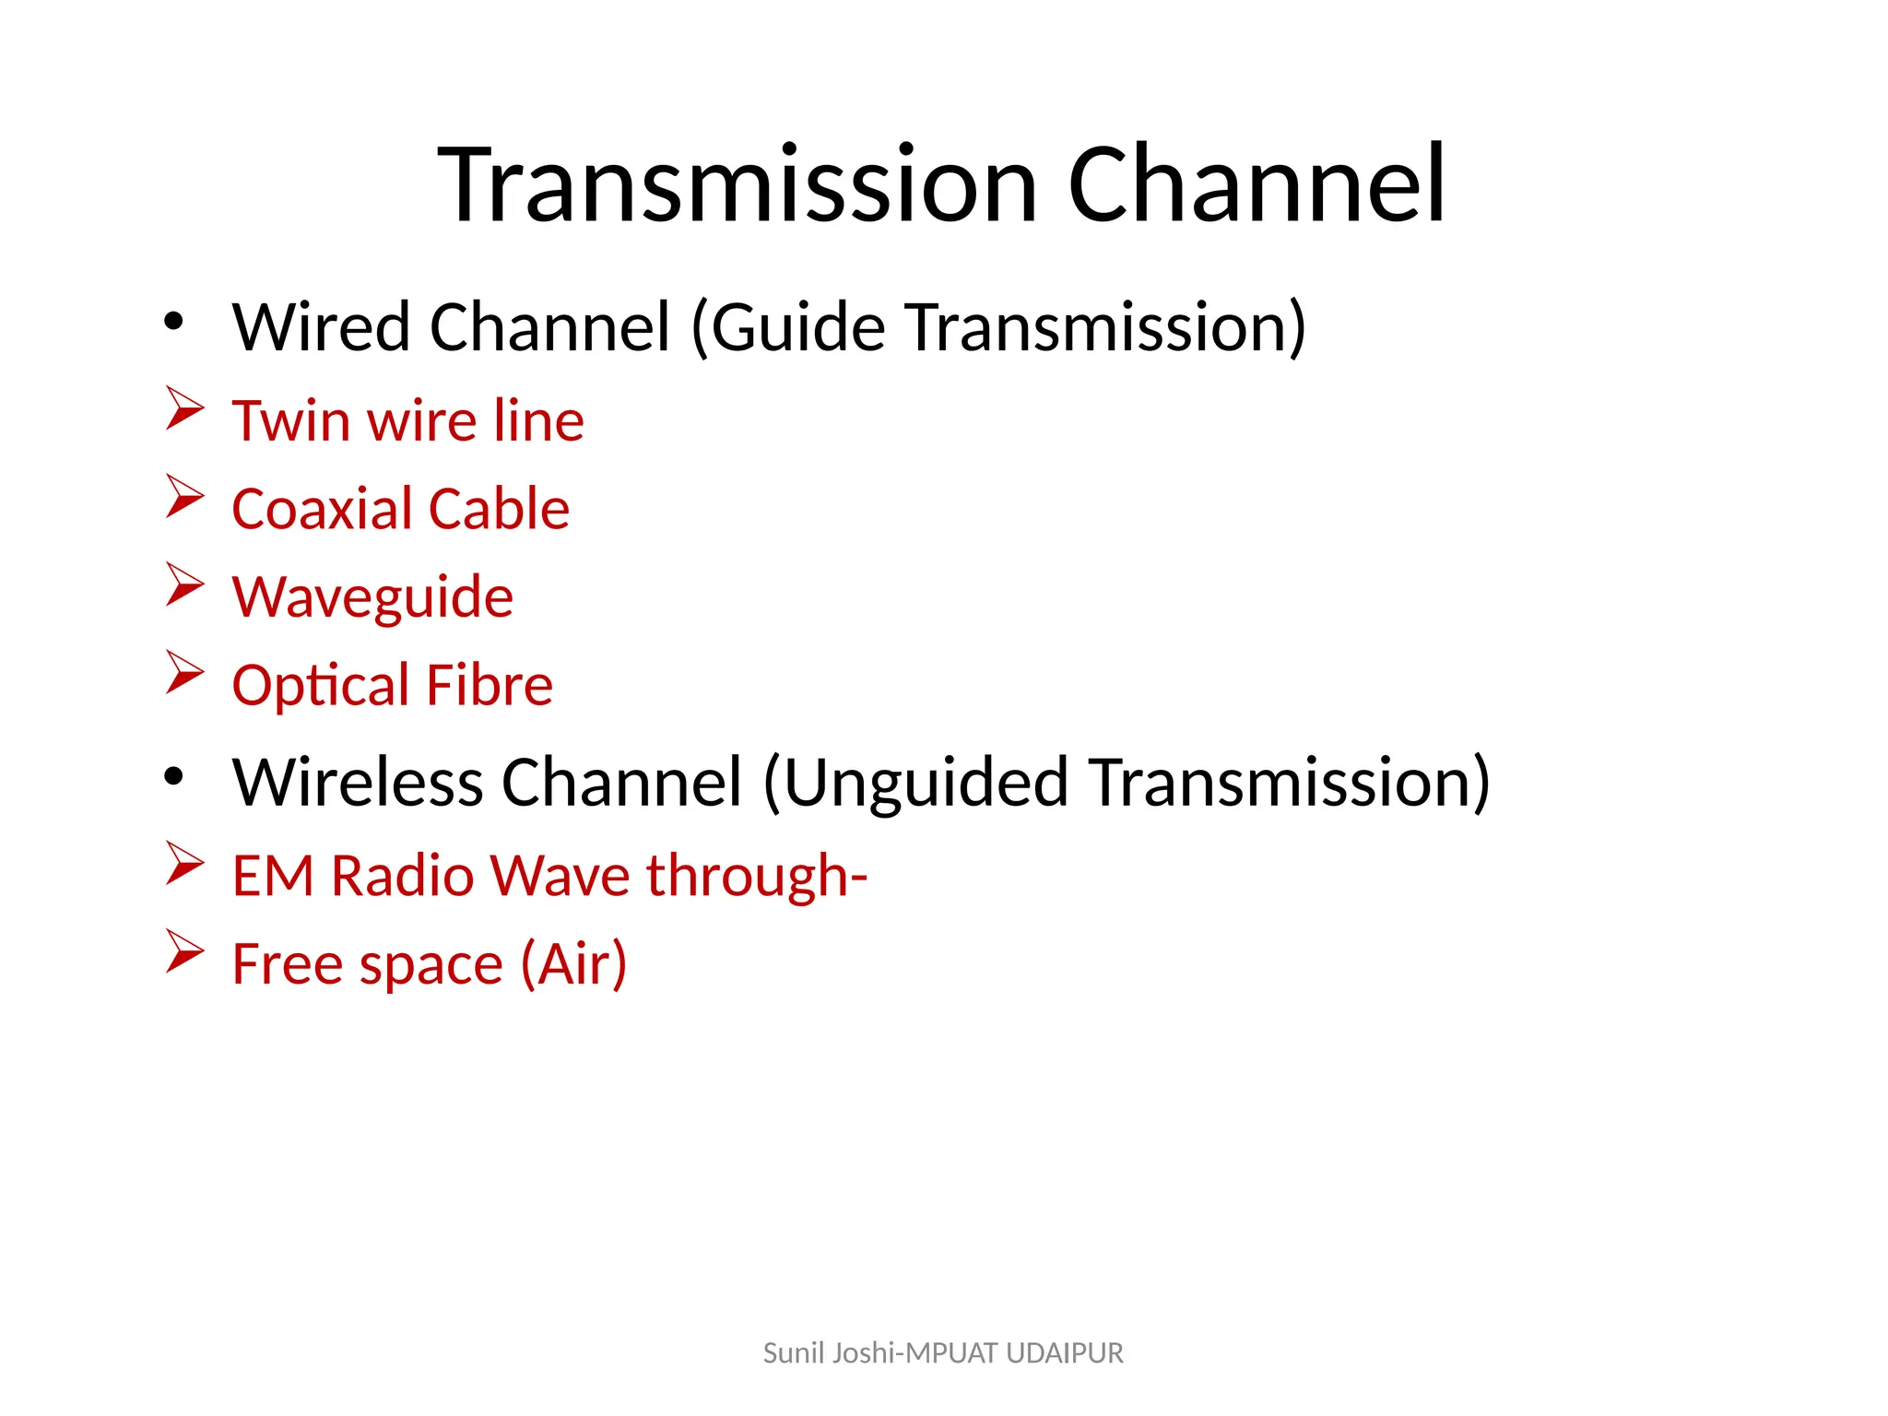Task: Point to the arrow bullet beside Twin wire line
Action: pyautogui.click(x=184, y=407)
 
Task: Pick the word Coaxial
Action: pyautogui.click(x=322, y=509)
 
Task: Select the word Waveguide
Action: pyautogui.click(x=372, y=597)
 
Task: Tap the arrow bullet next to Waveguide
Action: pyautogui.click(x=184, y=584)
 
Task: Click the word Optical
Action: pyautogui.click(x=320, y=686)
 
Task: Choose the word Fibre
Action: pyautogui.click(x=490, y=686)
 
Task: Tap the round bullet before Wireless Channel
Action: pyautogui.click(x=173, y=777)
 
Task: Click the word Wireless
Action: pyautogui.click(x=358, y=783)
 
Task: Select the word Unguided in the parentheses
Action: pyautogui.click(x=926, y=783)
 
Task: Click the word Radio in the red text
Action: pyautogui.click(x=402, y=875)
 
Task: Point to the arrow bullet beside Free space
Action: pyautogui.click(x=184, y=950)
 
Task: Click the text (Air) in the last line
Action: pyautogui.click(x=573, y=964)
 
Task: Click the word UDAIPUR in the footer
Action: pyautogui.click(x=1065, y=1353)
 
